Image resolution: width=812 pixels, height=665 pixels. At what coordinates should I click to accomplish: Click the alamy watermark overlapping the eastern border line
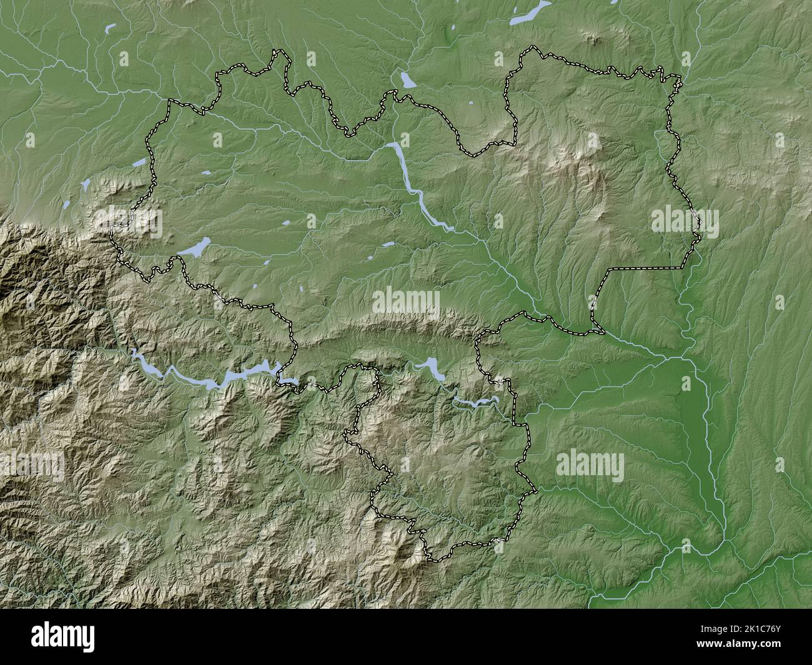coord(685,220)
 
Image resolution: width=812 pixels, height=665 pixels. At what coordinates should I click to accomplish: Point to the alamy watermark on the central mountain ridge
coord(405,302)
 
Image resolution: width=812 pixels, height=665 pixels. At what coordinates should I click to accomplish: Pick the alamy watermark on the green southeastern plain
coord(590,465)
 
